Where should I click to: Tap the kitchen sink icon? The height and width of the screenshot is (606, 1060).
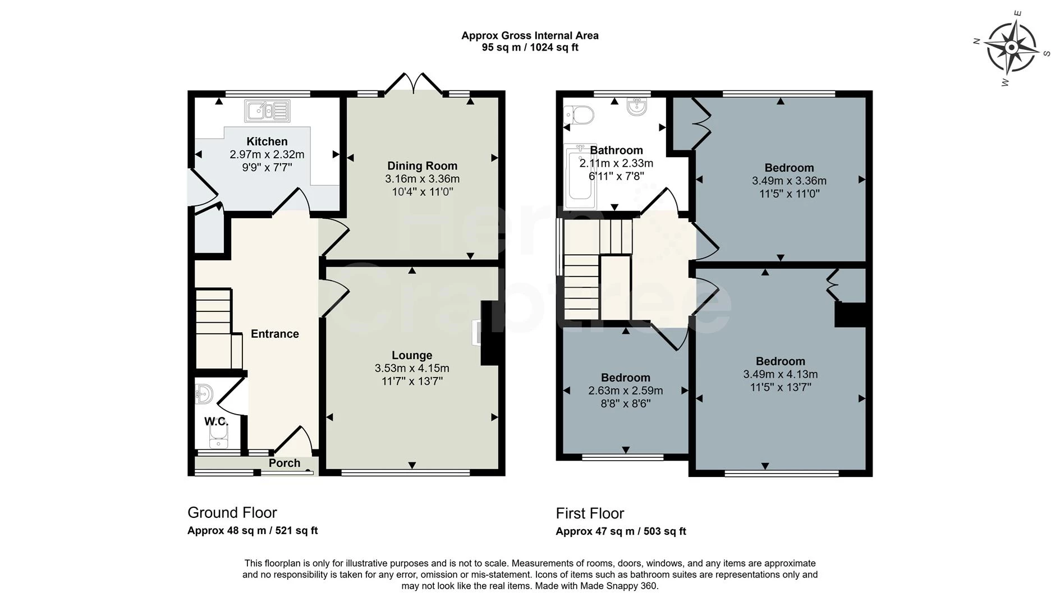tap(268, 111)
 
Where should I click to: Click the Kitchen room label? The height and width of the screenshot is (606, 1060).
tap(267, 141)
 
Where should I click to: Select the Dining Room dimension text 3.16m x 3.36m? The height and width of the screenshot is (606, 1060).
tap(422, 179)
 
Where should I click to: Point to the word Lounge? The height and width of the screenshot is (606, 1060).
tap(412, 355)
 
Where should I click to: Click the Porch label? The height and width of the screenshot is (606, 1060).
tap(284, 463)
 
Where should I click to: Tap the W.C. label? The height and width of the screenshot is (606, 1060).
tap(216, 421)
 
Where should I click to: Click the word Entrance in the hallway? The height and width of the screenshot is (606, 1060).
tap(274, 334)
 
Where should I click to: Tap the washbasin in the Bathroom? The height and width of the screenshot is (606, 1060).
tap(637, 107)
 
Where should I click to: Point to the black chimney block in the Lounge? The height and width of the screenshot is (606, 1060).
tap(490, 333)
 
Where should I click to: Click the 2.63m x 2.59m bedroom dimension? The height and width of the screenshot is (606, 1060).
tap(625, 391)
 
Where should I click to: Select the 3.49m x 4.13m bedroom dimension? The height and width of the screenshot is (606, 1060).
tap(780, 374)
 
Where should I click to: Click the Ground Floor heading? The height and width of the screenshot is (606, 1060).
tap(232, 512)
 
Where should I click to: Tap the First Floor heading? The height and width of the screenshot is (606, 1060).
tap(590, 513)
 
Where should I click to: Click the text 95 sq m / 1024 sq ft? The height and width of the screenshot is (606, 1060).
tap(530, 48)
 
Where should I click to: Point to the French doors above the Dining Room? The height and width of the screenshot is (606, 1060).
tap(414, 83)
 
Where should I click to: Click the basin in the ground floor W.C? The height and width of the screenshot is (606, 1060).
tap(204, 393)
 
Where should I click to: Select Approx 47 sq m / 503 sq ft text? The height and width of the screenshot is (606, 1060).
tap(621, 531)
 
